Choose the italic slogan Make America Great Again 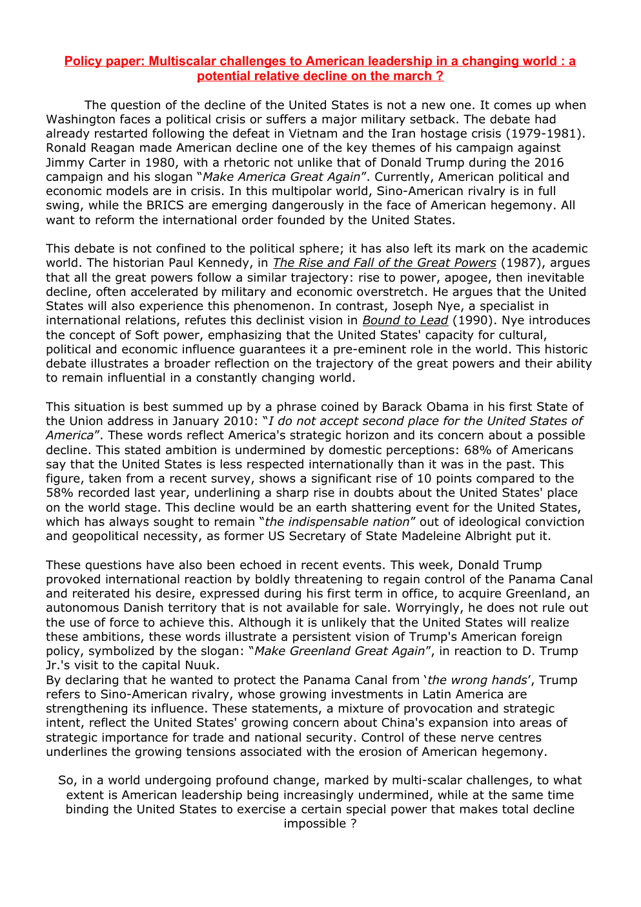click(281, 177)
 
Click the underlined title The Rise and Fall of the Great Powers click(384, 263)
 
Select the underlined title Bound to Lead click(405, 320)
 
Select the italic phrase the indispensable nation click(337, 522)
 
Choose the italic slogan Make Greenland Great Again click(340, 651)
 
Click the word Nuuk click(201, 665)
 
